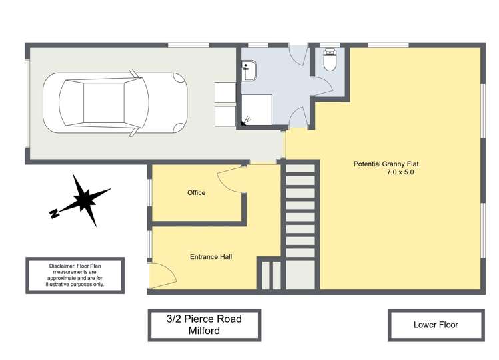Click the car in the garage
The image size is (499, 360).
click(x=115, y=103)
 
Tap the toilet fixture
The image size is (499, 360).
click(x=330, y=60)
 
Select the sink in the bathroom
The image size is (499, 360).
click(x=249, y=71)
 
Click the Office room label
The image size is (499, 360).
click(x=196, y=192)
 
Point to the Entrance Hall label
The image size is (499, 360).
click(x=211, y=256)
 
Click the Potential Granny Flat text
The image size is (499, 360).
click(x=386, y=164)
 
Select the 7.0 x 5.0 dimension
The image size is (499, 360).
click(x=400, y=172)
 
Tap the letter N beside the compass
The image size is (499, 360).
click(x=55, y=213)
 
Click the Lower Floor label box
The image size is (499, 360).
click(x=436, y=325)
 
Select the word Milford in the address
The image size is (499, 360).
click(x=204, y=331)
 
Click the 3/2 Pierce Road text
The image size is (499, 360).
click(x=204, y=319)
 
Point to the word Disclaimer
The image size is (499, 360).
click(x=62, y=266)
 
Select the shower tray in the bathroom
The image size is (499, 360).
click(x=256, y=110)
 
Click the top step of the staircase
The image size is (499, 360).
click(x=300, y=168)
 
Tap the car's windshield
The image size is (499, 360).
click(x=136, y=102)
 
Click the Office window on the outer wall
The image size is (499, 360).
click(x=149, y=193)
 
